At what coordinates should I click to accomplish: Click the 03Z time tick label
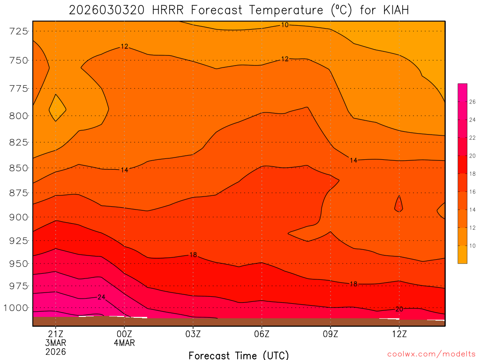tap(193, 334)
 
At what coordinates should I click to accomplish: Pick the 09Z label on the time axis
tap(330, 334)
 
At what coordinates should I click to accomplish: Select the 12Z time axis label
tap(399, 334)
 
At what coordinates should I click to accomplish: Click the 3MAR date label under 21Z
tap(55, 343)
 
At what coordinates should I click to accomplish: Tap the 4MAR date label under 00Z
tap(124, 343)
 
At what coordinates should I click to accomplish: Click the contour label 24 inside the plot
tap(102, 297)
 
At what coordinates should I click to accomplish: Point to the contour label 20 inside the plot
tap(399, 309)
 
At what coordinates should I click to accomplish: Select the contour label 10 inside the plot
tap(285, 25)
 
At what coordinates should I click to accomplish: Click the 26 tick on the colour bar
tap(472, 102)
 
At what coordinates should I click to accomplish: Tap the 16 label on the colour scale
tap(472, 192)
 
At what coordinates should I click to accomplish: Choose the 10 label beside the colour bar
tap(472, 246)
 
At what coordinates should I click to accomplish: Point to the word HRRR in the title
tap(168, 10)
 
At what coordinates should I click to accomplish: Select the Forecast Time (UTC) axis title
tap(239, 355)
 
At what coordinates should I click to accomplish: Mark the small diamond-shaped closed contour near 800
tap(57, 108)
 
